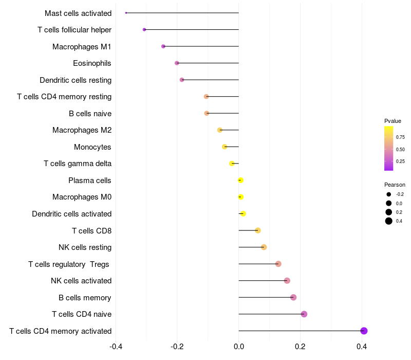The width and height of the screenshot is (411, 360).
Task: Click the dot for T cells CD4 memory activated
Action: pyautogui.click(x=364, y=331)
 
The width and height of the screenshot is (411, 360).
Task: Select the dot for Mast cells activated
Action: pyautogui.click(x=126, y=13)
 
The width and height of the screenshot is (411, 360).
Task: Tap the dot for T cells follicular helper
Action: pyautogui.click(x=144, y=29)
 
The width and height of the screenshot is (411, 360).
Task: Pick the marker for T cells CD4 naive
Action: pyautogui.click(x=304, y=314)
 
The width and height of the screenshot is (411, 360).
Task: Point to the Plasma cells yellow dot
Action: pyautogui.click(x=240, y=180)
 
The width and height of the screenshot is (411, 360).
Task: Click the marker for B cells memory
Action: pyautogui.click(x=293, y=297)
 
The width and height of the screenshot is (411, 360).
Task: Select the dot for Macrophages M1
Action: pyautogui.click(x=163, y=46)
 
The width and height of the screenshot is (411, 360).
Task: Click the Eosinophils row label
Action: pyautogui.click(x=92, y=63)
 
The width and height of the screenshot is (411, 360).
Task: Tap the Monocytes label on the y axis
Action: pyautogui.click(x=92, y=147)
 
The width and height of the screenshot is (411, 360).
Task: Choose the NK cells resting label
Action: pyautogui.click(x=85, y=247)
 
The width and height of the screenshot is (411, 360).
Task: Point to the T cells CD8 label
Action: pyautogui.click(x=91, y=230)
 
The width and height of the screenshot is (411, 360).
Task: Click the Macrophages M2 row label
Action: pyautogui.click(x=82, y=130)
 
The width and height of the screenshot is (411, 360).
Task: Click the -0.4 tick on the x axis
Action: pyautogui.click(x=116, y=346)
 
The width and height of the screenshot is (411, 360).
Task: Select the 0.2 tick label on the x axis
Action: pyautogui.click(x=301, y=346)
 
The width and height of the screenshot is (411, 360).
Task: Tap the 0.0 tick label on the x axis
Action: pyautogui.click(x=239, y=346)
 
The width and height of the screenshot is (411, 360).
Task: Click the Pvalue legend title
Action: pyautogui.click(x=393, y=121)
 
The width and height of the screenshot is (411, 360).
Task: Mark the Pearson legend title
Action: pyautogui.click(x=395, y=185)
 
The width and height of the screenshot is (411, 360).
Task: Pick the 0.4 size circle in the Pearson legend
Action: pyautogui.click(x=389, y=221)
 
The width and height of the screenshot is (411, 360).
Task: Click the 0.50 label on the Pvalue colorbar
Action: pyautogui.click(x=400, y=149)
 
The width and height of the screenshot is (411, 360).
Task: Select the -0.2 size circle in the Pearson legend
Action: pyautogui.click(x=389, y=194)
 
